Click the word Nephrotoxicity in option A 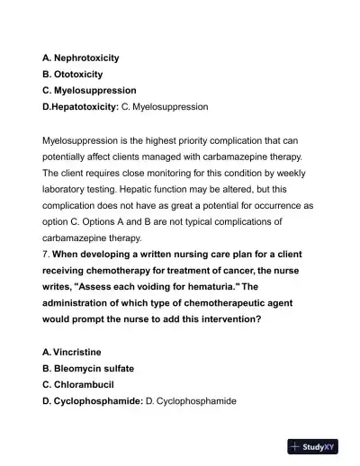tap(87, 58)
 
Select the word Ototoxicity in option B tap(79, 74)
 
